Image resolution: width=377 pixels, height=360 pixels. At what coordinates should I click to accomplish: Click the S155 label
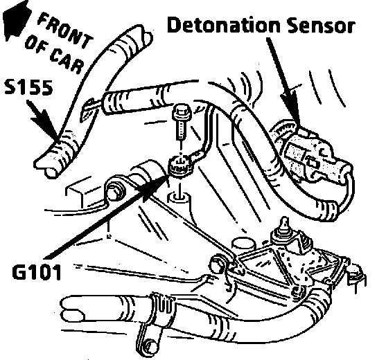pos(28,87)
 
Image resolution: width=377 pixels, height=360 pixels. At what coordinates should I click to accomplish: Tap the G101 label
pos(37,272)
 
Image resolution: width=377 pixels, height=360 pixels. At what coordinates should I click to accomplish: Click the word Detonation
pos(223,25)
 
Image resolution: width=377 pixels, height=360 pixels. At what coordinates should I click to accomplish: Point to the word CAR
pos(67,61)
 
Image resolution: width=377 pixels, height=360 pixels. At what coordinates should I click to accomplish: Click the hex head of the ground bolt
pos(182,112)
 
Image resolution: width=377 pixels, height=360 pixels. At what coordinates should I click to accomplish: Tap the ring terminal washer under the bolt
pos(180,165)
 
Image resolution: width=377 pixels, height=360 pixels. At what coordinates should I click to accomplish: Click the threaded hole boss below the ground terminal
pos(179,198)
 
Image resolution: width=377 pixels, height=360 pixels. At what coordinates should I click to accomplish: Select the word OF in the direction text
pos(35,43)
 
